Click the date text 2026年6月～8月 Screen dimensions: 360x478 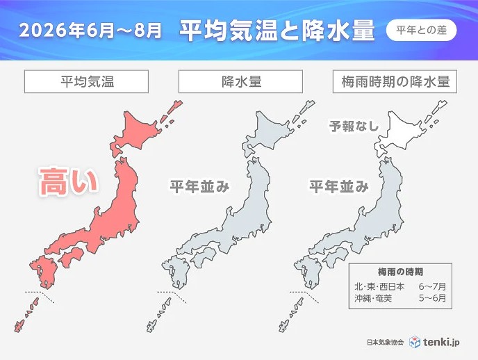91,31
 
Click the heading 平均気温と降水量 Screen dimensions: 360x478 277,31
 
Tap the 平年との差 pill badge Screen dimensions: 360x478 421,31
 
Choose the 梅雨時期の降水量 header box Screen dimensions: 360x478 395,81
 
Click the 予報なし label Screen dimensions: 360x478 353,126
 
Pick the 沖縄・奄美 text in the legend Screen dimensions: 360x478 374,299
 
